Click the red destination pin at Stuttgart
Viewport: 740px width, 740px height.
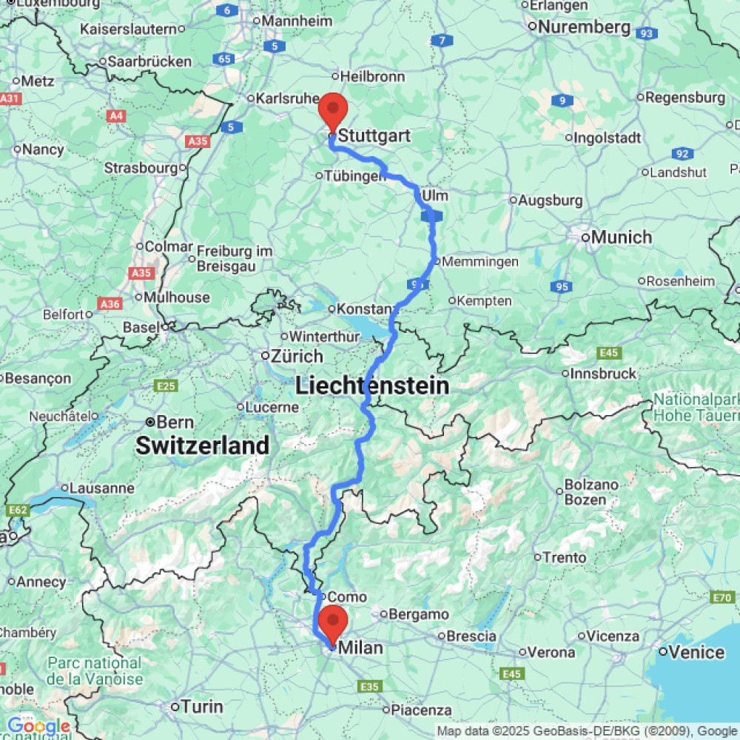[332, 113]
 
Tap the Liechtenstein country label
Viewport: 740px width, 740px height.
[372, 386]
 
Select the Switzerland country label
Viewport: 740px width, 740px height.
[202, 445]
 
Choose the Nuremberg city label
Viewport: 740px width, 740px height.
[584, 27]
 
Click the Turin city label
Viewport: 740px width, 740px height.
[201, 707]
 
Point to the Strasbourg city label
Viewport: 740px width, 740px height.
[141, 168]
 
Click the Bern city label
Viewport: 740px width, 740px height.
[176, 422]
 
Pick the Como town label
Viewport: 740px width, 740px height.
[346, 596]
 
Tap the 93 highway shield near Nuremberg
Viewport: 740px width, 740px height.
[647, 33]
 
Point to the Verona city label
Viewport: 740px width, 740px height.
[551, 652]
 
